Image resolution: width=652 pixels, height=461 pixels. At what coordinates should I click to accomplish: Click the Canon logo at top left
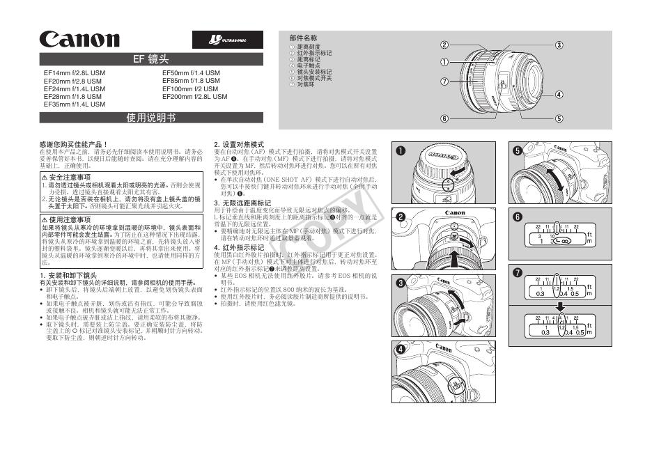[79, 40]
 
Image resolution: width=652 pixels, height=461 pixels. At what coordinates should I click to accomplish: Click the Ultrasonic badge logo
[227, 40]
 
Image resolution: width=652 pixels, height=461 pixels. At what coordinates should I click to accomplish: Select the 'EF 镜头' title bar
[151, 59]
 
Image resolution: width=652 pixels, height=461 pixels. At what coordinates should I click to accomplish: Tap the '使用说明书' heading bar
[151, 118]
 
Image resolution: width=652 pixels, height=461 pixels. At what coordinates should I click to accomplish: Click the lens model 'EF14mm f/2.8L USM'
[75, 72]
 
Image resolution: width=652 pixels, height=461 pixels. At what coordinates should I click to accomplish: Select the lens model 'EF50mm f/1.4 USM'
[191, 72]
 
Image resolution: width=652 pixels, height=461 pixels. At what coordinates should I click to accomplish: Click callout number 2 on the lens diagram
[444, 45]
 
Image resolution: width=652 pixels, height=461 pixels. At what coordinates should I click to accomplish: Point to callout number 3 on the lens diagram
[559, 45]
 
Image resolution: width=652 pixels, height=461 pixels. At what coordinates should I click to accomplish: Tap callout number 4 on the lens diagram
[559, 94]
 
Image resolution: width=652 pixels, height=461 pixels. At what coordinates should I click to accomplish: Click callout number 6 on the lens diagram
[444, 118]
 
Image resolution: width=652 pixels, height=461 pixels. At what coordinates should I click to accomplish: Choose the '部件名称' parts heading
[304, 38]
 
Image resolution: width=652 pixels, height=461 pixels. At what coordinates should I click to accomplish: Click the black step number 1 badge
[401, 150]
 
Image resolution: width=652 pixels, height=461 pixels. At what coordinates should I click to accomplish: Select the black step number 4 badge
[401, 349]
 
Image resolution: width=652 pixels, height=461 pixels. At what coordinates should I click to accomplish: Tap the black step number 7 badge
[516, 272]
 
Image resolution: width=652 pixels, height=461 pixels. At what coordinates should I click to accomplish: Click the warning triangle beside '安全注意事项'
[45, 178]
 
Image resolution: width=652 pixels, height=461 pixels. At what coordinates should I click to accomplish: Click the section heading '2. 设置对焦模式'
[239, 144]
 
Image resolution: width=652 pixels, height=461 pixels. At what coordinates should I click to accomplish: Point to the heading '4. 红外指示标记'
[239, 247]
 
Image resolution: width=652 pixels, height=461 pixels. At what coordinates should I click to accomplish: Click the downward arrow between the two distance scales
[559, 306]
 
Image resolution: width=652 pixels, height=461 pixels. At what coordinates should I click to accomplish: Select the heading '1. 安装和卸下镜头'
[68, 276]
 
